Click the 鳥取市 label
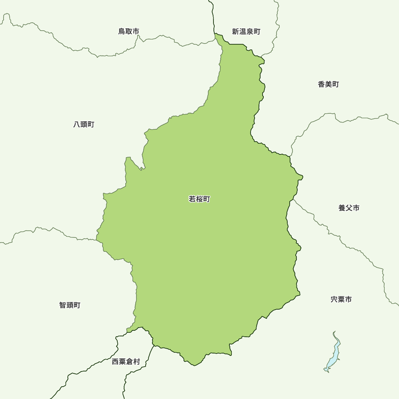pos(128,31)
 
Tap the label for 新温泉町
pos(246,32)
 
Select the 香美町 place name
pos(328,84)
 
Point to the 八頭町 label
pos(84,124)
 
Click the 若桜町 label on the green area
pos(199,199)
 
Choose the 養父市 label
pos(349,208)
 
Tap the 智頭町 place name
pos(70,305)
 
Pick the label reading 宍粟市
pos(341,299)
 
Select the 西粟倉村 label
pos(126,361)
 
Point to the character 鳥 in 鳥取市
pos(122,31)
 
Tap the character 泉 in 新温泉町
pos(249,32)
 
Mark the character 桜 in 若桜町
pos(199,199)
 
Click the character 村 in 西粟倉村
pos(136,361)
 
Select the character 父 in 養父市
pos(349,208)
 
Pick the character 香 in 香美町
pos(321,84)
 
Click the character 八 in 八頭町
pos(77,124)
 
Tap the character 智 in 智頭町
pos(63,305)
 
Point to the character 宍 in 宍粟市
pos(334,299)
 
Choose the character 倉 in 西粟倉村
pos(129,361)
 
